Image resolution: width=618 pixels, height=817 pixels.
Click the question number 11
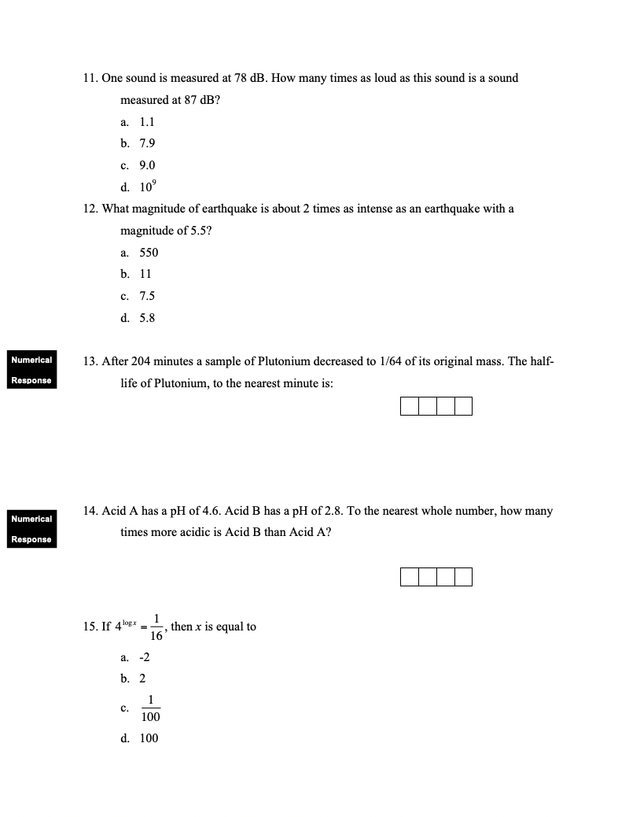90,78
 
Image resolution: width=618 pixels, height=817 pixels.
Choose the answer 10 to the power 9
147,187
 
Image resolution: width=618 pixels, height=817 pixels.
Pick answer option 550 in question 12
149,253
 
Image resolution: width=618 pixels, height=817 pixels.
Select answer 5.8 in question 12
147,318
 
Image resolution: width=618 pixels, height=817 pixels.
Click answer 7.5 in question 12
147,296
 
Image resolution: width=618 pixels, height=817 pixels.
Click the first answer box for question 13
410,406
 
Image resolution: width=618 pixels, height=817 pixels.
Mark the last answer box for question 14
463,577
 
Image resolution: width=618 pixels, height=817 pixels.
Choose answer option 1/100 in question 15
150,708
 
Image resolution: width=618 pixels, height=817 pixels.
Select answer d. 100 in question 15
149,738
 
